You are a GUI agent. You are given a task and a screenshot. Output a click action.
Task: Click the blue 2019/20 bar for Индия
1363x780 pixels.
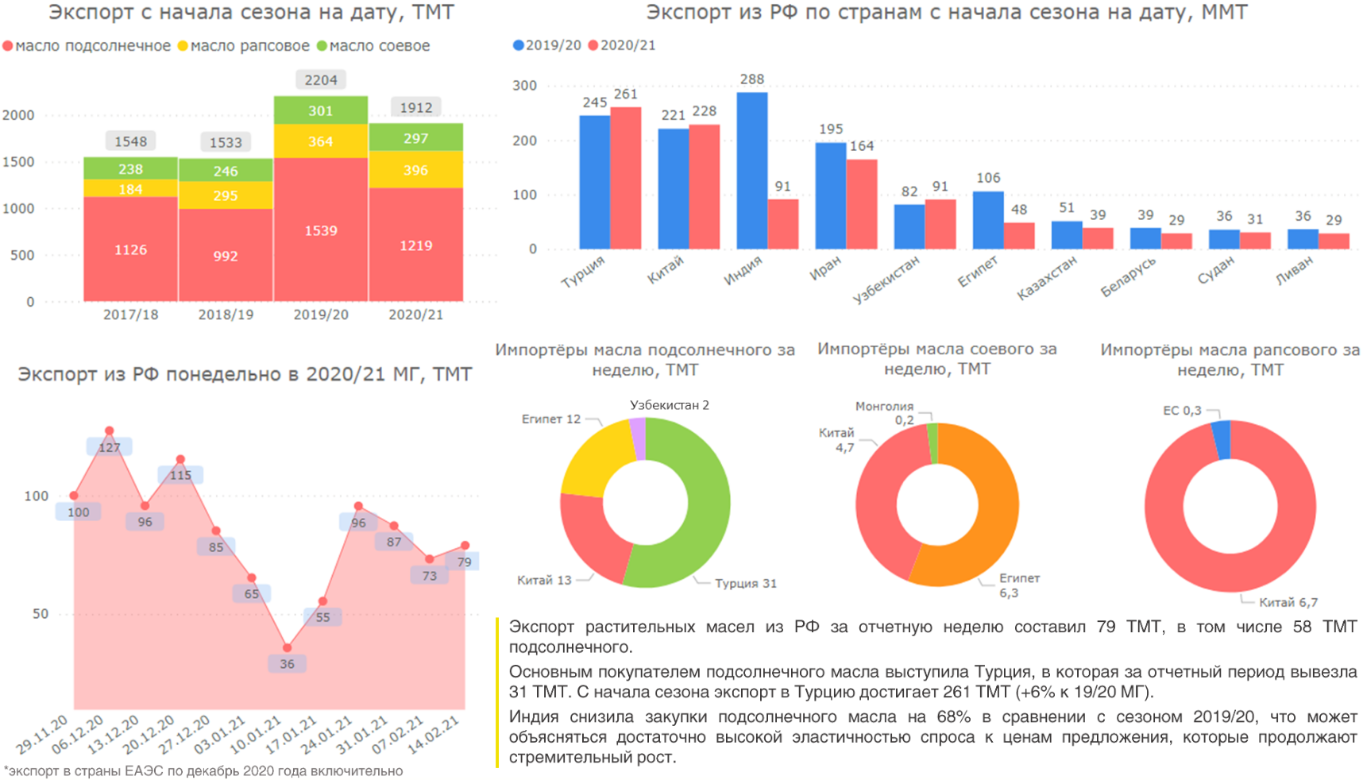751,171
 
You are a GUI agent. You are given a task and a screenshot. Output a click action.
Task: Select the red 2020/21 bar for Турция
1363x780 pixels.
625,178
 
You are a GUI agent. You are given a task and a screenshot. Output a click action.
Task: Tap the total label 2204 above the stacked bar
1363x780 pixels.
321,80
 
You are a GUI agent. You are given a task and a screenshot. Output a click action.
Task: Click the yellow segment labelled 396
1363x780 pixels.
415,170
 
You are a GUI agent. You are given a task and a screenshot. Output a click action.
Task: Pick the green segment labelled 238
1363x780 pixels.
130,168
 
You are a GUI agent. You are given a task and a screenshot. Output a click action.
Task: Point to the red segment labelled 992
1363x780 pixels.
226,255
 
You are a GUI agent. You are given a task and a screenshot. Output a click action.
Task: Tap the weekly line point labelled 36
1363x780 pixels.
287,648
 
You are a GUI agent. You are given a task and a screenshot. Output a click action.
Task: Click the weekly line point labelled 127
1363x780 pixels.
109,431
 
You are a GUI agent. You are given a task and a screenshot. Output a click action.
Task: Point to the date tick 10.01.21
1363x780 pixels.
257,735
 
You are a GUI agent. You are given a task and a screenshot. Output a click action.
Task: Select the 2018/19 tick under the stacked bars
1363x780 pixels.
226,315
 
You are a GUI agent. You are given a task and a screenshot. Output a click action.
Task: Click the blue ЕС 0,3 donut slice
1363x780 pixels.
1222,439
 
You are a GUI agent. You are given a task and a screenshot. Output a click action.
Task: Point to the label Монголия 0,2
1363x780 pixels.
885,413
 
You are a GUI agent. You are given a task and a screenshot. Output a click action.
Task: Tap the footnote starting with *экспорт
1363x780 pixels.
203,770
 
